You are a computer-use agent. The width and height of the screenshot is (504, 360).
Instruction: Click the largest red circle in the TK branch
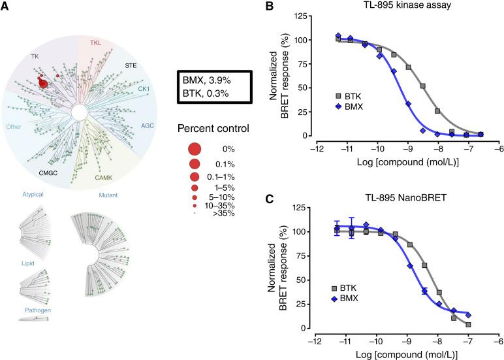pyautogui.click(x=43, y=83)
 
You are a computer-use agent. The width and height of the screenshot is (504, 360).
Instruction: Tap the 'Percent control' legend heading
pyautogui.click(x=213, y=129)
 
